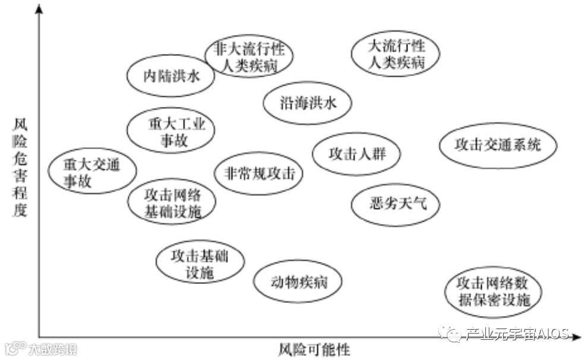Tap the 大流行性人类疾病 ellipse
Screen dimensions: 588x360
pyautogui.click(x=396, y=53)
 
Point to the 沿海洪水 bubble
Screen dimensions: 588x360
pyautogui.click(x=308, y=103)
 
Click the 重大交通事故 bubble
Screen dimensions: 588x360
pyautogui.click(x=92, y=172)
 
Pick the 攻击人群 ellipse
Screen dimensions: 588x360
pyautogui.click(x=356, y=154)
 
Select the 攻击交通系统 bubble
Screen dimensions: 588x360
pyautogui.click(x=498, y=145)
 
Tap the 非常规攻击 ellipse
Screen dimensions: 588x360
pyautogui.click(x=259, y=173)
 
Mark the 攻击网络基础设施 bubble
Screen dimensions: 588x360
pyautogui.click(x=172, y=203)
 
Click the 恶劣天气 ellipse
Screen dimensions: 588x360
pyautogui.click(x=396, y=204)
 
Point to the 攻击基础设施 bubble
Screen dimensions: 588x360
pyautogui.click(x=200, y=263)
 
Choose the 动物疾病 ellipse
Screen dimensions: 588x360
pyautogui.click(x=298, y=281)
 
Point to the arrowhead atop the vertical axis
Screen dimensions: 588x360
pyautogui.click(x=40, y=9)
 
